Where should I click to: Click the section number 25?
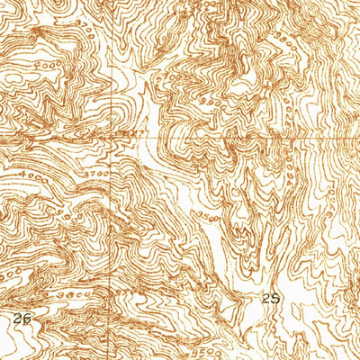271,296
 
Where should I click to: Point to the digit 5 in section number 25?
275,296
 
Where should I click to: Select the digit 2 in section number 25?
266,296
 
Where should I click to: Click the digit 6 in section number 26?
29,318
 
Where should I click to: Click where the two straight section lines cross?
114,139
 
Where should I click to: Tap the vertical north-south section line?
114,225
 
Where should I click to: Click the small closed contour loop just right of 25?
293,297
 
